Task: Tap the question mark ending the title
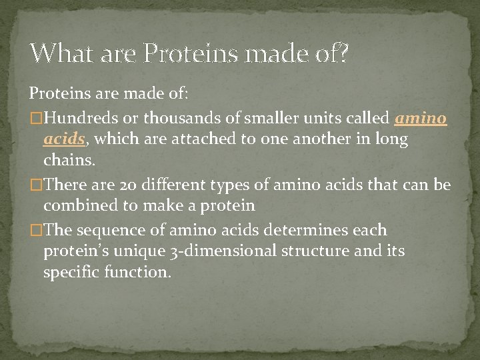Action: [343, 53]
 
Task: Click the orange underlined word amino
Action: [421, 119]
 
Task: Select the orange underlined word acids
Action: [64, 139]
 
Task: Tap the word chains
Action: [69, 161]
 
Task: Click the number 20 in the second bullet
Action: [129, 185]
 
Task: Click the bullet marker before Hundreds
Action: [36, 119]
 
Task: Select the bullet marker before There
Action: [36, 185]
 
